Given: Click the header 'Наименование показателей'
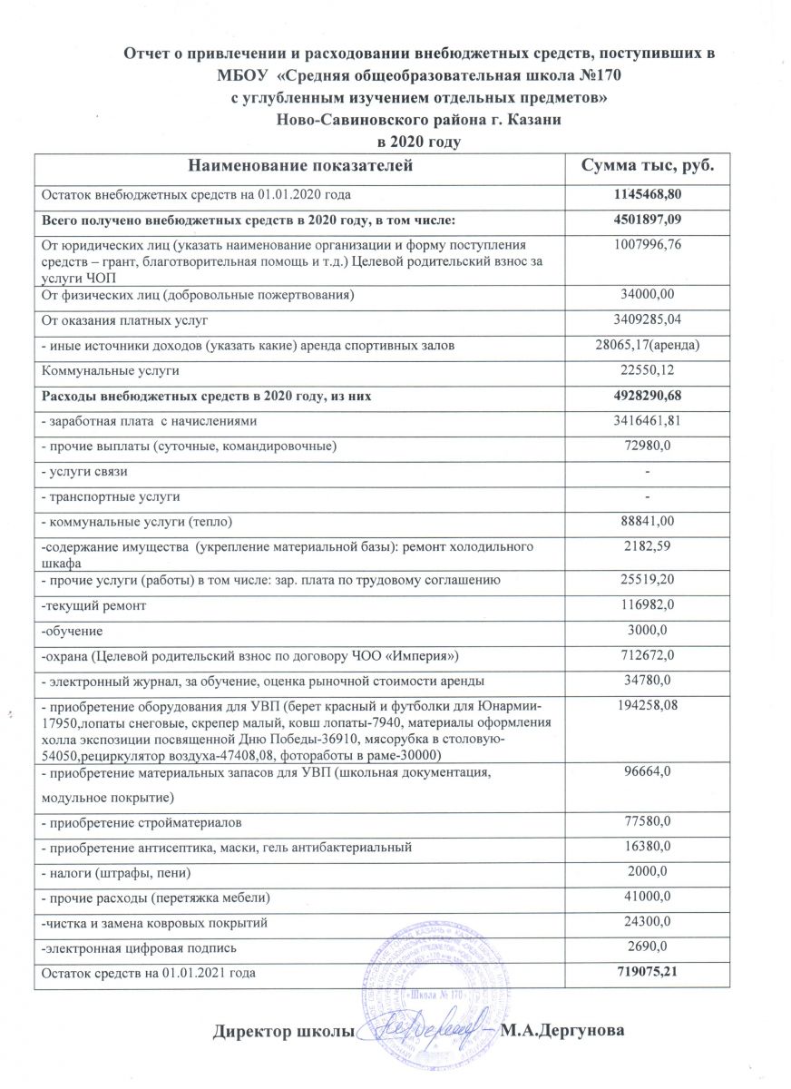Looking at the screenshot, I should click(300, 167).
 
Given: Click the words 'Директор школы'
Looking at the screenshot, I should click(282, 1032).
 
